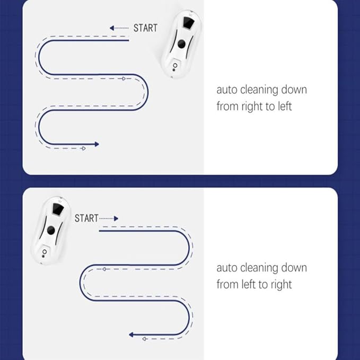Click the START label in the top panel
click(x=145, y=28)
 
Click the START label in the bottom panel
click(x=86, y=218)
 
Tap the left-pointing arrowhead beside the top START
click(x=112, y=28)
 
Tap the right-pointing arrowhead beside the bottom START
click(x=116, y=218)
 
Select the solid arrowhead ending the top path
click(x=97, y=144)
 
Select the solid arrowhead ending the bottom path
click(x=131, y=335)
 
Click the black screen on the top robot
click(x=189, y=23)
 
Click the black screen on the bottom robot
click(x=58, y=209)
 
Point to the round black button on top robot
click(x=182, y=44)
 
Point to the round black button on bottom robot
click(x=51, y=230)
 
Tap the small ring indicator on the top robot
click(x=175, y=65)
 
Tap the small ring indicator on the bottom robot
click(x=45, y=252)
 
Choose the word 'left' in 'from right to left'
click(x=285, y=107)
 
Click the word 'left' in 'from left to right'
click(x=248, y=285)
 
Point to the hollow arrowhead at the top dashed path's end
click(x=84, y=148)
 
